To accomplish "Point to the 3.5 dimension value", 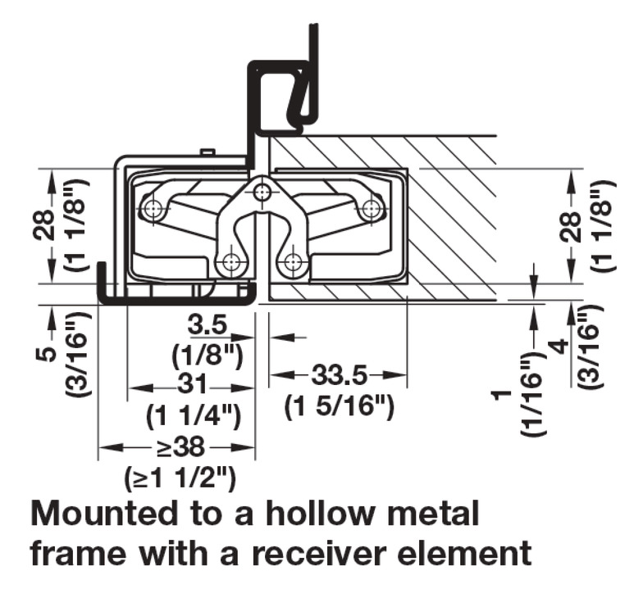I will (x=207, y=325).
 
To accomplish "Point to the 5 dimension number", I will (x=48, y=354).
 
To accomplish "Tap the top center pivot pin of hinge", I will (x=262, y=193).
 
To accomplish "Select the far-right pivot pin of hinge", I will (x=372, y=210).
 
